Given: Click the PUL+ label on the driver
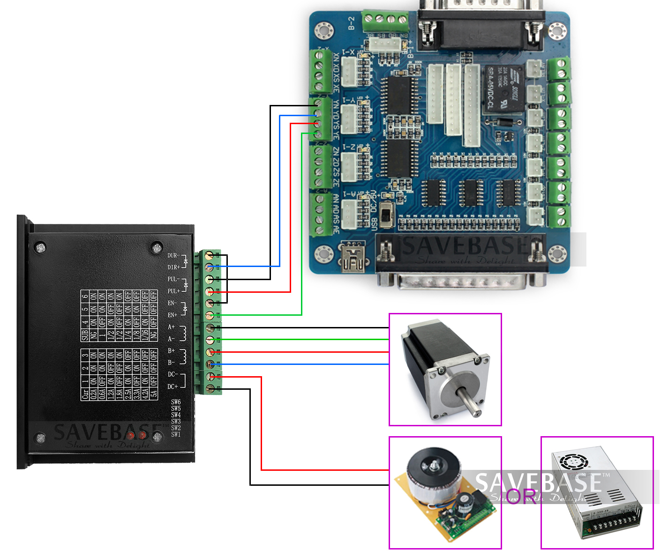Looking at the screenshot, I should [x=173, y=291].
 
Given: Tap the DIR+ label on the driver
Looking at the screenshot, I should [x=173, y=267].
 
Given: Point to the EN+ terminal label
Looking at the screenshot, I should [x=173, y=315].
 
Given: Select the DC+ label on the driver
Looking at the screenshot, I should [x=173, y=386].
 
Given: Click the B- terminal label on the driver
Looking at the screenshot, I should [x=171, y=362].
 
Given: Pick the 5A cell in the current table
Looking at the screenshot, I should [x=154, y=393].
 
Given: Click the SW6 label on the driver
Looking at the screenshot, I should [x=176, y=402].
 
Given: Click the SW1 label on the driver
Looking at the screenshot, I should [x=176, y=434].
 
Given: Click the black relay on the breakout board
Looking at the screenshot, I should [x=504, y=89].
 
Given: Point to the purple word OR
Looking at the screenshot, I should [x=521, y=496].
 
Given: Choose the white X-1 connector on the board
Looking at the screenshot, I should [x=350, y=73].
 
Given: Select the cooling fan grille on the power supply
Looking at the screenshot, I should [x=572, y=461].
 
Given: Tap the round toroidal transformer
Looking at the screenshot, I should [x=432, y=473].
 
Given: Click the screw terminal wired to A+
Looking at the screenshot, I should [x=210, y=327].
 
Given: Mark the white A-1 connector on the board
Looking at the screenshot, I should [x=349, y=214].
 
